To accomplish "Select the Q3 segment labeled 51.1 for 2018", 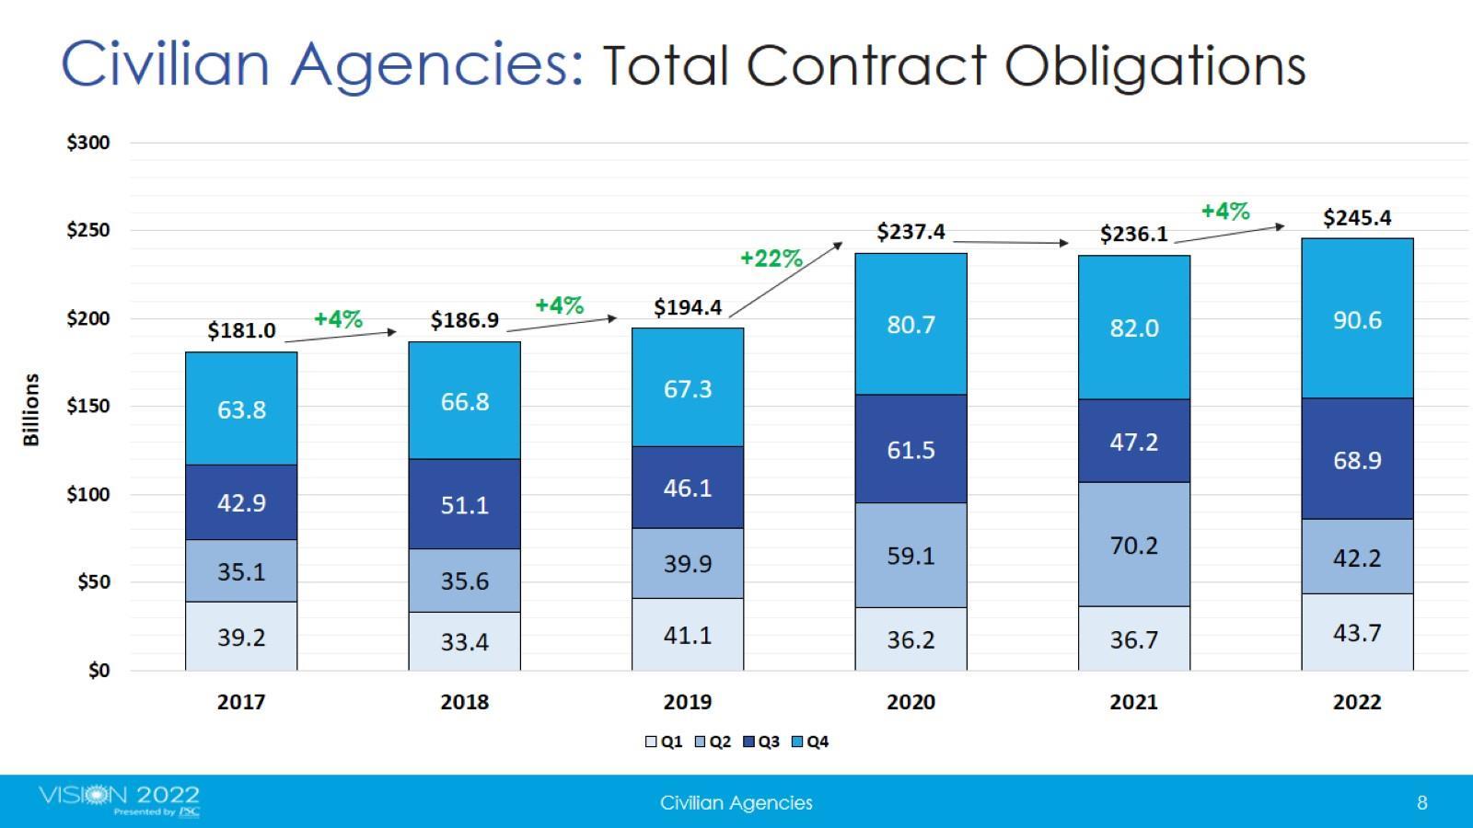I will [x=464, y=504].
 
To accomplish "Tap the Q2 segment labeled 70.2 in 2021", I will [x=1133, y=545].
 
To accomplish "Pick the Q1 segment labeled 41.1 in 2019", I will [x=688, y=635].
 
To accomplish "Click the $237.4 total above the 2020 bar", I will [x=910, y=231].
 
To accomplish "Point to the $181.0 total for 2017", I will [x=241, y=330].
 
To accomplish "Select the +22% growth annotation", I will [x=771, y=259].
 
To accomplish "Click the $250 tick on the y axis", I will [x=88, y=230].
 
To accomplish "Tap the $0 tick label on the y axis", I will [x=99, y=671].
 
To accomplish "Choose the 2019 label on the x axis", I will [x=688, y=702].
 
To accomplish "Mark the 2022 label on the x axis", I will [x=1357, y=702].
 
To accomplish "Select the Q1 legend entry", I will [x=664, y=742].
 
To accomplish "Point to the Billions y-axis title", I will [x=31, y=409].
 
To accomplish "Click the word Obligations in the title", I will [x=1154, y=66].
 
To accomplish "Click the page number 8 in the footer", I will [x=1421, y=802].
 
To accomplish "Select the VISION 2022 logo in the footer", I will [x=120, y=799].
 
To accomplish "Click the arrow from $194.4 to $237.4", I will [x=785, y=280].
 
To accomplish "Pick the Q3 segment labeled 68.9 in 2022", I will [x=1357, y=459].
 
